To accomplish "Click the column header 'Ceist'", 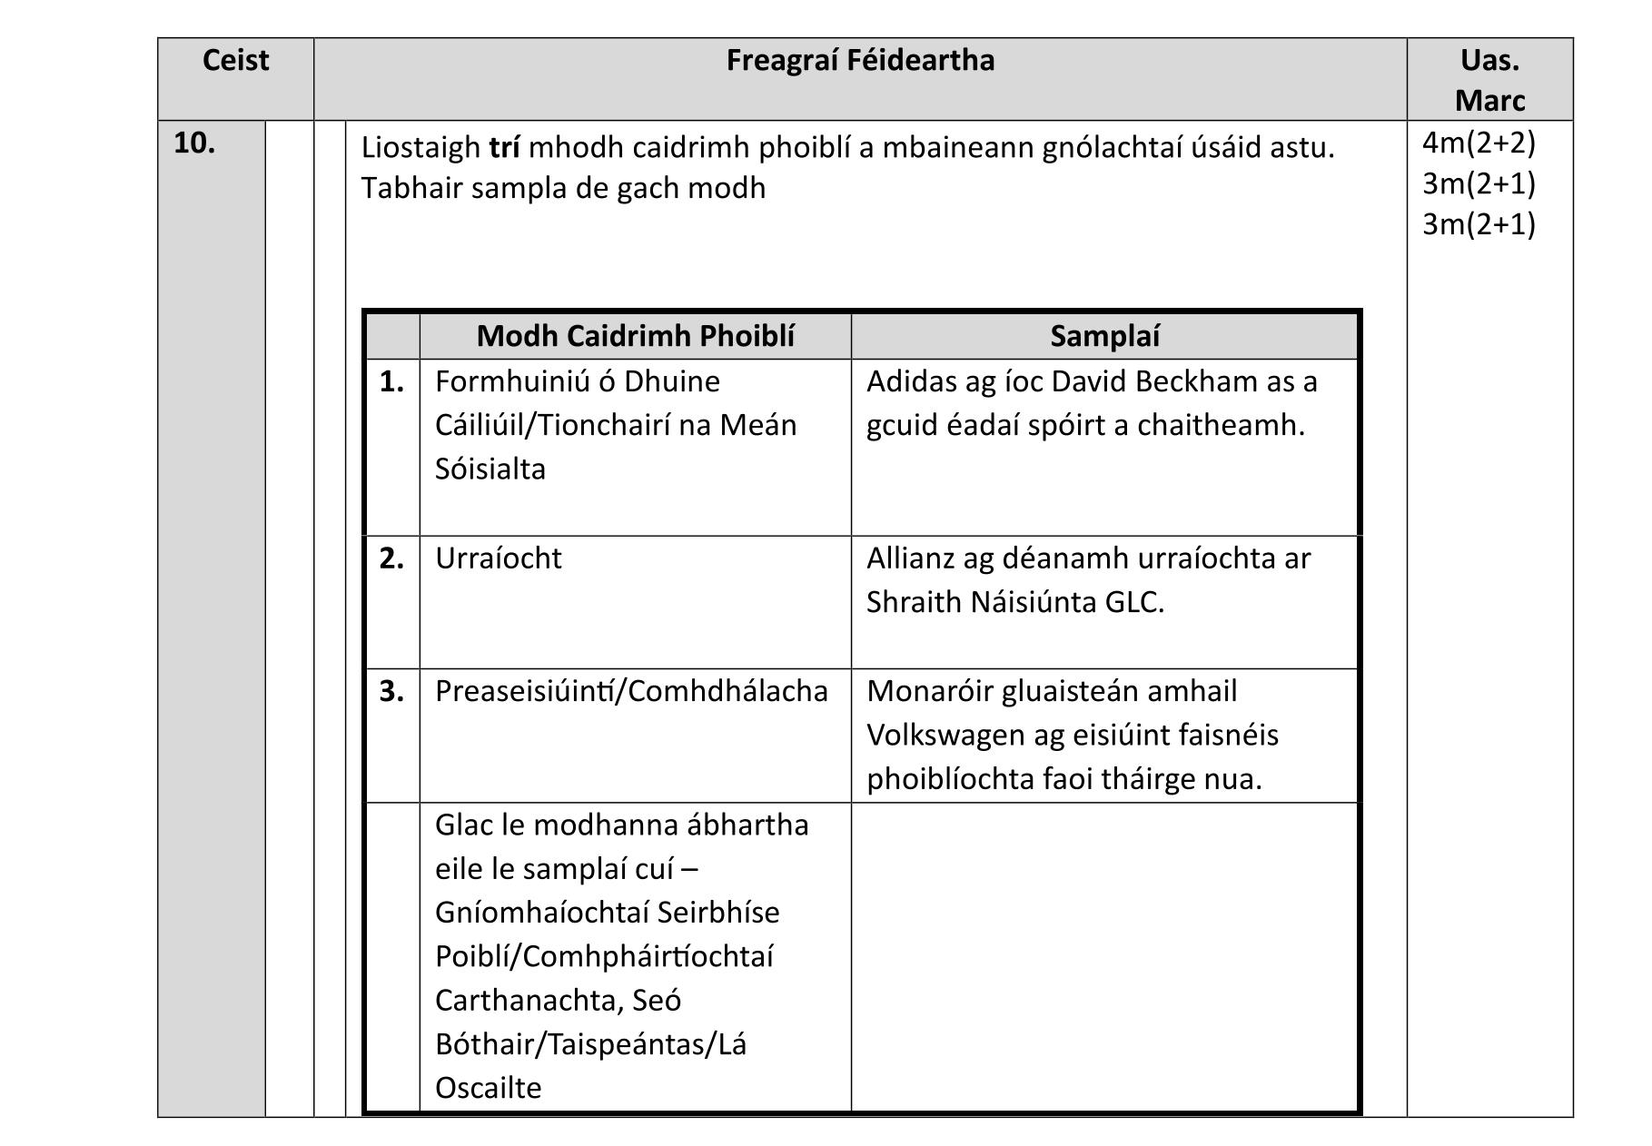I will (235, 61).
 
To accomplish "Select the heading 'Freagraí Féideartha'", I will (860, 61).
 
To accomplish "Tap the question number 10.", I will (193, 143).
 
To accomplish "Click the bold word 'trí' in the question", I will (504, 147).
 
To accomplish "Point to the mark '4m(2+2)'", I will (1478, 143).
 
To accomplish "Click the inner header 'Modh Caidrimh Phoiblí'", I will (635, 336).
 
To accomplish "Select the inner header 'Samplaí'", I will (1104, 336).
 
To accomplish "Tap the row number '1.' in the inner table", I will (391, 381).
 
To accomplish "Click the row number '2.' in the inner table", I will (391, 558).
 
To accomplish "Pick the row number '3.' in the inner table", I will (391, 691).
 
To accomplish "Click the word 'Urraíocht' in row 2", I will (498, 558).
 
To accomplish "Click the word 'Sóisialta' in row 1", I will (490, 469).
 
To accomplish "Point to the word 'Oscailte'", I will (488, 1087).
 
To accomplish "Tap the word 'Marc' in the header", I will (1489, 101).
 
